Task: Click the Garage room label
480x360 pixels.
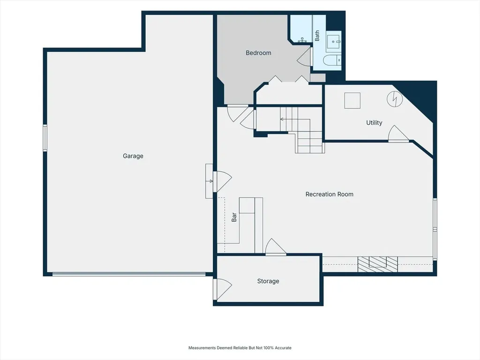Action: [133, 156]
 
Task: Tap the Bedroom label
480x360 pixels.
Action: [258, 53]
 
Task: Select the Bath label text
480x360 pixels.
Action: [317, 36]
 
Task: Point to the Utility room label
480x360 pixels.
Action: [374, 123]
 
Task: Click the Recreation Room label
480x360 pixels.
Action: [330, 194]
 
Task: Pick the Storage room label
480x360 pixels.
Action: [268, 281]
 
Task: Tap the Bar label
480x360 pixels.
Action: [234, 217]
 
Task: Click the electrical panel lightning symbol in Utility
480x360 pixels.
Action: [395, 99]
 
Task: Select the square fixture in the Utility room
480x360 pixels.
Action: [352, 100]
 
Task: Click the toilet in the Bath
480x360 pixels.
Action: [332, 60]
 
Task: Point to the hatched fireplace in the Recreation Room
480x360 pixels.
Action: [378, 264]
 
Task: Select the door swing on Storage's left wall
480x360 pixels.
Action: [223, 289]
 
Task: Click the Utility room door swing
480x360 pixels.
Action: [398, 134]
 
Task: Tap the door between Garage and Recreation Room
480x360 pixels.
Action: [223, 181]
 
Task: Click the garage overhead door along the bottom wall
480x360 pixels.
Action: [129, 274]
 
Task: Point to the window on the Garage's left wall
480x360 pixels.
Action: [45, 138]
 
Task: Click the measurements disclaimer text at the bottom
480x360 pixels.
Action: [240, 348]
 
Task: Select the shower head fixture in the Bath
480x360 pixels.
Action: [302, 40]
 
